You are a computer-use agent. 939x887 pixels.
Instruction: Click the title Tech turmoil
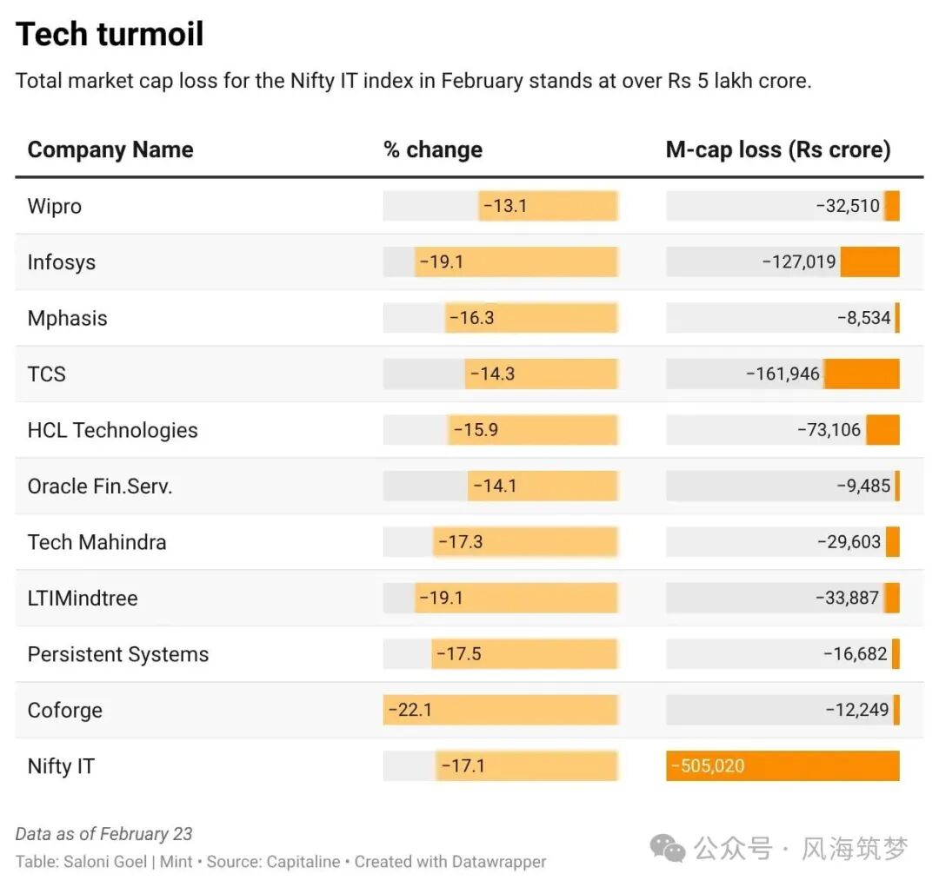110,35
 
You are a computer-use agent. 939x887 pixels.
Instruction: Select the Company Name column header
110,149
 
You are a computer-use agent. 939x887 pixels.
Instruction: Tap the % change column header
433,149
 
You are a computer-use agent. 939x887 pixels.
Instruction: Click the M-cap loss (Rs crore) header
777,149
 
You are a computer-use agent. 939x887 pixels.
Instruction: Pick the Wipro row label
55,206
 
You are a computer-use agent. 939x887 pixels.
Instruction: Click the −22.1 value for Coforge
410,710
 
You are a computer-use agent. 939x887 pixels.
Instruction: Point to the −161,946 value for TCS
782,374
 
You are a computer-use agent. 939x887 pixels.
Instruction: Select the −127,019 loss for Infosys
798,261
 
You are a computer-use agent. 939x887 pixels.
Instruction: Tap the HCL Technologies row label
113,430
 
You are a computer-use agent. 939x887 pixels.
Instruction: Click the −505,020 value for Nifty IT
708,766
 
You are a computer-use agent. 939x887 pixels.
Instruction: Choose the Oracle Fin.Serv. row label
100,486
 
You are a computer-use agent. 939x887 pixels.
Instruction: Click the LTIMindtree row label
83,598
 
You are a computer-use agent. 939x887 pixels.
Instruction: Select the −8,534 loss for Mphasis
863,318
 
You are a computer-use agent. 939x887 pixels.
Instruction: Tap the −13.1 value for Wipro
505,206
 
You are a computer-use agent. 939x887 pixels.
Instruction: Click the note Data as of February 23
103,834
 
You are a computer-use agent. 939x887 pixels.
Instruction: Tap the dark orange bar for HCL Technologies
882,430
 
